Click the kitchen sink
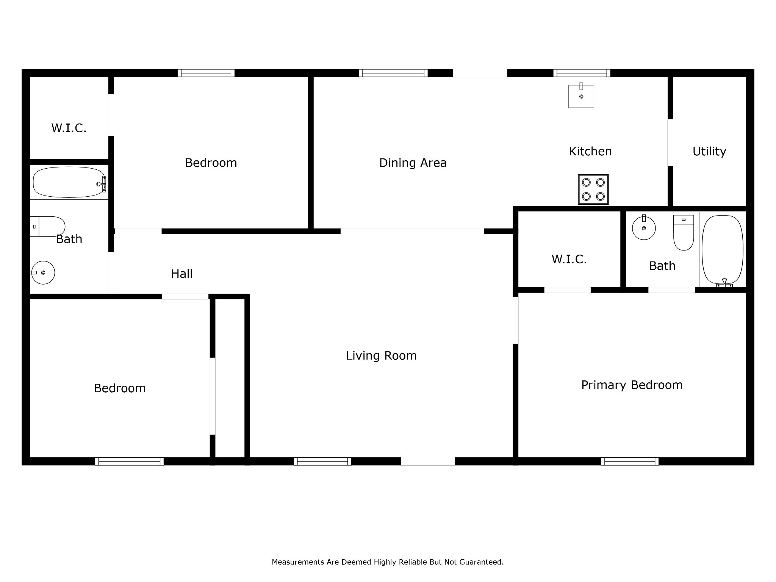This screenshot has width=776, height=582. [581, 96]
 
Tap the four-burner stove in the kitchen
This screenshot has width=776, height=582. [593, 189]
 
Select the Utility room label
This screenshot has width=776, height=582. [709, 152]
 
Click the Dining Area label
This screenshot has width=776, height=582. [413, 163]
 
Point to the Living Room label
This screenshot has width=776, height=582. [381, 355]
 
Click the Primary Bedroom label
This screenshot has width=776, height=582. [632, 385]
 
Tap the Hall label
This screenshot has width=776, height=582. [182, 274]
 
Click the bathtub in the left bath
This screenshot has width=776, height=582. [69, 182]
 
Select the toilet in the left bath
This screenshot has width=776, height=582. [47, 227]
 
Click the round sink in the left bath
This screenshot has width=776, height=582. [43, 272]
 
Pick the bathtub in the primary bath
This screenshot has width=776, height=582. [723, 250]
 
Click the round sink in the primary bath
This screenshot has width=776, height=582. [644, 227]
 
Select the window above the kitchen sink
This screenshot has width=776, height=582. [582, 73]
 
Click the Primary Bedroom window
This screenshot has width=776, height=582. [630, 461]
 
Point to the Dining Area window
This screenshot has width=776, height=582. [393, 73]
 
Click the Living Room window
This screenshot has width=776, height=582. [322, 461]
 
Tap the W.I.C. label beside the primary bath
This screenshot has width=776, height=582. [569, 259]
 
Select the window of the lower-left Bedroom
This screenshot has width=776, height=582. [129, 461]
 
